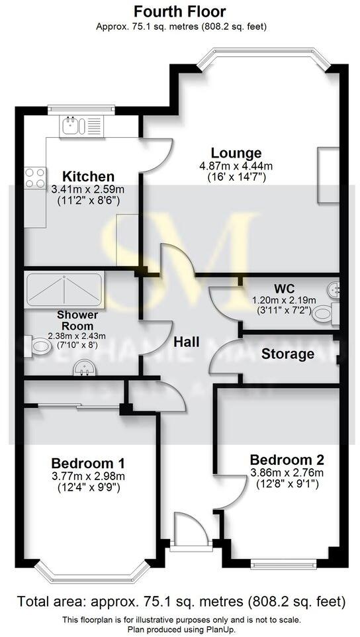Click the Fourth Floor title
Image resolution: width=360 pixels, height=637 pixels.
click(179, 11)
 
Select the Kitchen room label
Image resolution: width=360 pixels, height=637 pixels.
click(88, 177)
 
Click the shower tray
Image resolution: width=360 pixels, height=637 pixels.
click(63, 289)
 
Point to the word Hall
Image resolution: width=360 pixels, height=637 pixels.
click(186, 342)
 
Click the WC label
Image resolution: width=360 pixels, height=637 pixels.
click(285, 289)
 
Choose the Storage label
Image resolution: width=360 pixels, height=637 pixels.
click(287, 354)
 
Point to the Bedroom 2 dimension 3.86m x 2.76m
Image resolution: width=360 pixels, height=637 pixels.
click(287, 473)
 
